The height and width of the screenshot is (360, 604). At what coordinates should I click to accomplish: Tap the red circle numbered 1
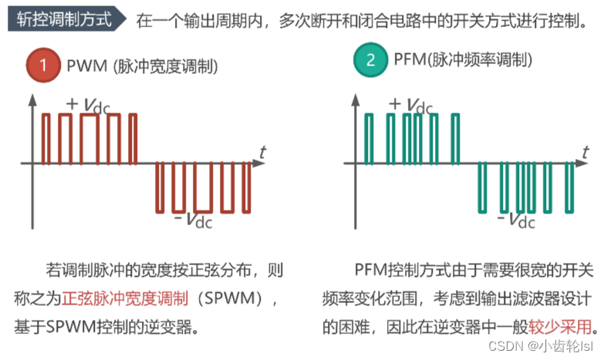pos(46,65)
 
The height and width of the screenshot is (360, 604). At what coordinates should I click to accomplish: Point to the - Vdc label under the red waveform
pos(192,220)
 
